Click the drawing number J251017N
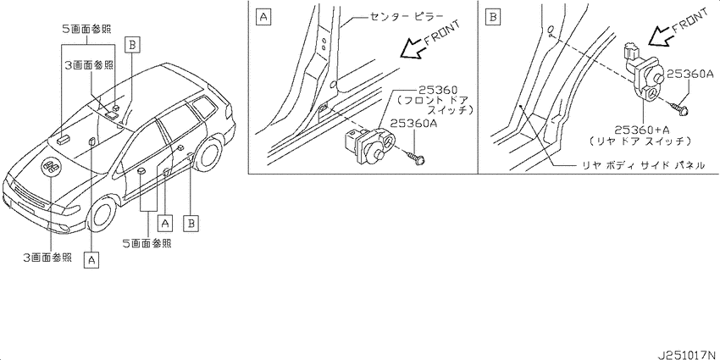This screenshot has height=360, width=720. (687, 355)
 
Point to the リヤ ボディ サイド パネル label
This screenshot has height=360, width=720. (642, 165)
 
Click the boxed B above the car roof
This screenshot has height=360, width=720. (131, 45)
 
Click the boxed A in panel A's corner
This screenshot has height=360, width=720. (263, 18)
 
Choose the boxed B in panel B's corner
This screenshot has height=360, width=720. (493, 18)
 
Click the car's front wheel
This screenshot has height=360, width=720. (102, 215)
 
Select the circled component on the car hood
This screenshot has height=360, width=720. (51, 167)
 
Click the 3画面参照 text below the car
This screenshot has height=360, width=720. (47, 258)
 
